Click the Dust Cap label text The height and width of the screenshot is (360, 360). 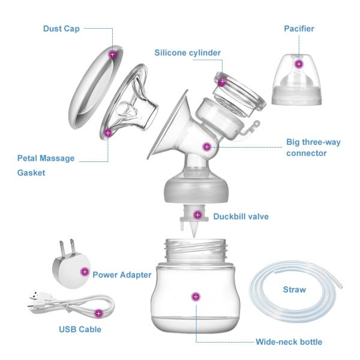[62, 28]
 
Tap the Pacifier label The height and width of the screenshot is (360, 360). [298, 28]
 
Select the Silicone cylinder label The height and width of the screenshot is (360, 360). [187, 52]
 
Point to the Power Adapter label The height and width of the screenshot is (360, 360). [122, 275]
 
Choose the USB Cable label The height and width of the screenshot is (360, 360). [79, 329]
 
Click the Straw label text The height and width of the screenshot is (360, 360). [294, 290]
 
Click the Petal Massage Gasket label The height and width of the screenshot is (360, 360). [46, 165]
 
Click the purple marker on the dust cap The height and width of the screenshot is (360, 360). [112, 54]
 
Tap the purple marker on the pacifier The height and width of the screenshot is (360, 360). [299, 64]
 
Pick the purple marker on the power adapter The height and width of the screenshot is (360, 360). [83, 272]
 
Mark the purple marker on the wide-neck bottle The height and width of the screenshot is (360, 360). [194, 296]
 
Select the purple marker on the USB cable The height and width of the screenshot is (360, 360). [99, 313]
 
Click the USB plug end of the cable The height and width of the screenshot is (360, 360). [35, 297]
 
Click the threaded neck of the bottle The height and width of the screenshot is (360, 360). [194, 250]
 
